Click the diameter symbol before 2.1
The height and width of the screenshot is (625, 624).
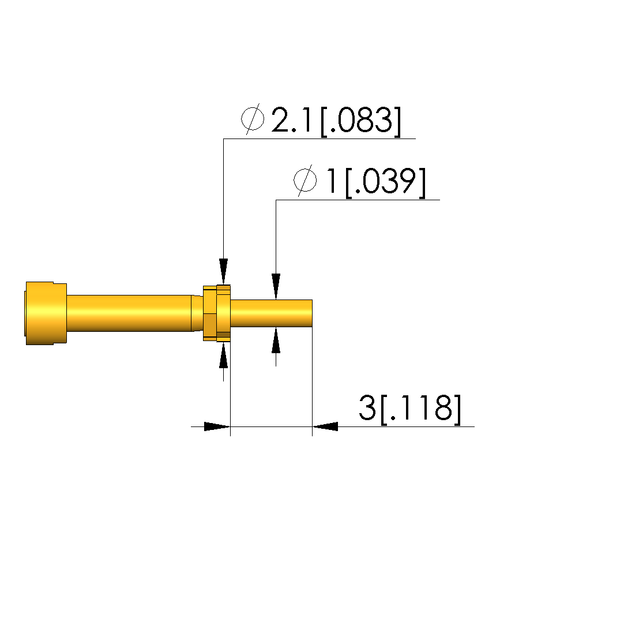point(253,119)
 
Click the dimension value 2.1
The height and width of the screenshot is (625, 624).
point(291,120)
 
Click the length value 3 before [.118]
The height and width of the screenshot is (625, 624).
point(367,408)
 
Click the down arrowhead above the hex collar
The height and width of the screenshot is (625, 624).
point(223,271)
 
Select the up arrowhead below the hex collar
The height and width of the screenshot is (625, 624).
point(223,355)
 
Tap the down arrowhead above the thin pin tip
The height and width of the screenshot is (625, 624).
point(276,286)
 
